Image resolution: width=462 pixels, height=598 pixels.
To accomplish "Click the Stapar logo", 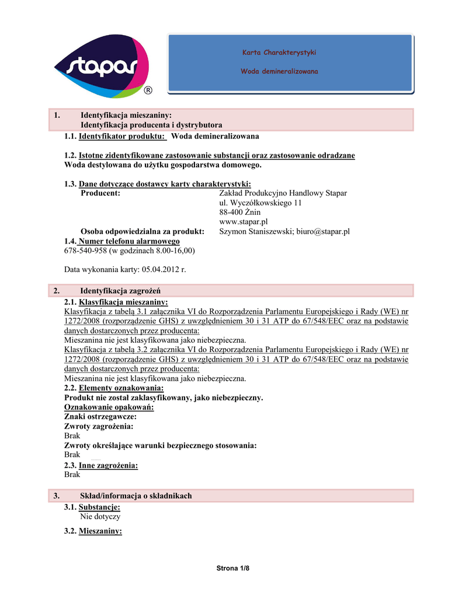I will click(x=102, y=66).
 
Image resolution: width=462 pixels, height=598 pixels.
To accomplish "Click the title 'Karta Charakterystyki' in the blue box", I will click(x=279, y=53).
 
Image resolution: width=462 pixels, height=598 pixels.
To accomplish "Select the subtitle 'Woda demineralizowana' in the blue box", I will click(x=279, y=71).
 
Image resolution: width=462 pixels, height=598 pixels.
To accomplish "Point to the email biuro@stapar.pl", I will click(x=323, y=231).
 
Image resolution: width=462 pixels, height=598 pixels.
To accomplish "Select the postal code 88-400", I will click(x=231, y=213).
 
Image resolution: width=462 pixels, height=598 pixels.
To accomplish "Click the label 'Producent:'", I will click(x=100, y=193).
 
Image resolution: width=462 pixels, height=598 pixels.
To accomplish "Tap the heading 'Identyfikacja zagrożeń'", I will click(x=120, y=290).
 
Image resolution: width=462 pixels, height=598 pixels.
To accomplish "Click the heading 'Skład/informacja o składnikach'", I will click(x=136, y=496).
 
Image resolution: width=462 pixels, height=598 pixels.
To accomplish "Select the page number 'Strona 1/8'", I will click(x=231, y=568).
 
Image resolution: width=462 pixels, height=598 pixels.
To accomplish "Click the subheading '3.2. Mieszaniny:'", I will click(x=93, y=531).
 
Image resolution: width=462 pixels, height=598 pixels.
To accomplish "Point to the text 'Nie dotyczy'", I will click(x=100, y=517).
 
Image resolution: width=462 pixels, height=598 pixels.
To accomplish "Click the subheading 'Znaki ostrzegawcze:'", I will click(x=100, y=417).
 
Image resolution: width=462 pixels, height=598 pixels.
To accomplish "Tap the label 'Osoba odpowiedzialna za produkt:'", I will click(x=142, y=231).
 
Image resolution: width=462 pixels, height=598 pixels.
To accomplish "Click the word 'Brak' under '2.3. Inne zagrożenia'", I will click(x=72, y=475).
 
